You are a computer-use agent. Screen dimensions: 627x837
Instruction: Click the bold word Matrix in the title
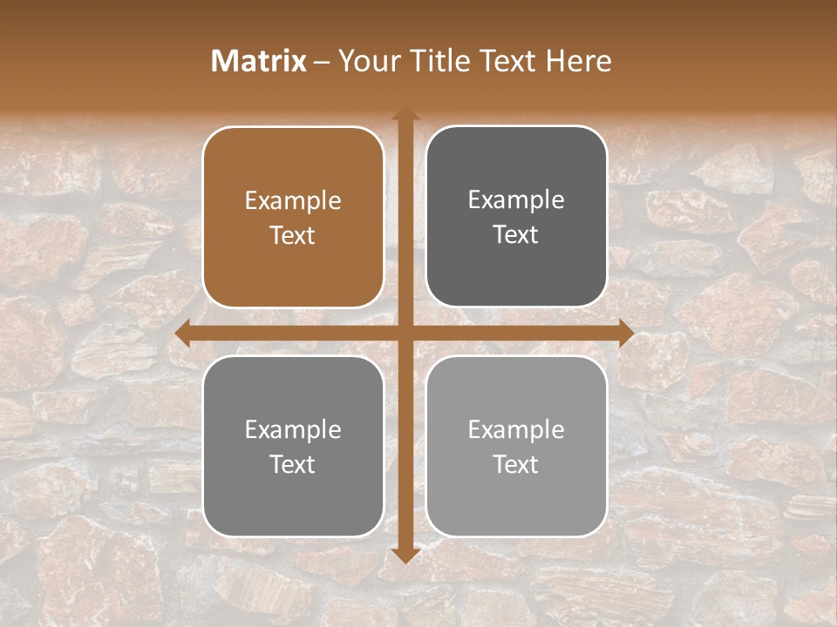pyautogui.click(x=259, y=61)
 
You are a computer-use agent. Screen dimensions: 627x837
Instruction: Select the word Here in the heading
pyautogui.click(x=578, y=61)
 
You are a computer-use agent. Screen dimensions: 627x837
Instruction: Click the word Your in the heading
pyautogui.click(x=364, y=61)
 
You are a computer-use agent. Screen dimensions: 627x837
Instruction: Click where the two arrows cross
pyautogui.click(x=405, y=333)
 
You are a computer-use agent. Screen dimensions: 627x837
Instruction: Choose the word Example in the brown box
pyautogui.click(x=293, y=201)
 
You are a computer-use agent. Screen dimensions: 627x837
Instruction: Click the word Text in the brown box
pyautogui.click(x=293, y=235)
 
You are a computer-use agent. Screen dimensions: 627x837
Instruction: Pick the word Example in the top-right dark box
pyautogui.click(x=516, y=200)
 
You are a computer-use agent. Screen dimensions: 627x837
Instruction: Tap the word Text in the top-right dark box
pyautogui.click(x=516, y=234)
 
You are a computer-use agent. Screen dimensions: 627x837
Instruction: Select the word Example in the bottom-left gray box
pyautogui.click(x=293, y=429)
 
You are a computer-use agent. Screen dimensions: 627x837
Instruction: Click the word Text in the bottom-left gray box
pyautogui.click(x=293, y=464)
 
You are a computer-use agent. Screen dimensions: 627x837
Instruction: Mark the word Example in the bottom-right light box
pyautogui.click(x=516, y=429)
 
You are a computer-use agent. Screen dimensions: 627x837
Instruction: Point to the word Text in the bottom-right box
pyautogui.click(x=516, y=464)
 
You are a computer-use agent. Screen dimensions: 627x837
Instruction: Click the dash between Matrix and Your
pyautogui.click(x=322, y=62)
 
